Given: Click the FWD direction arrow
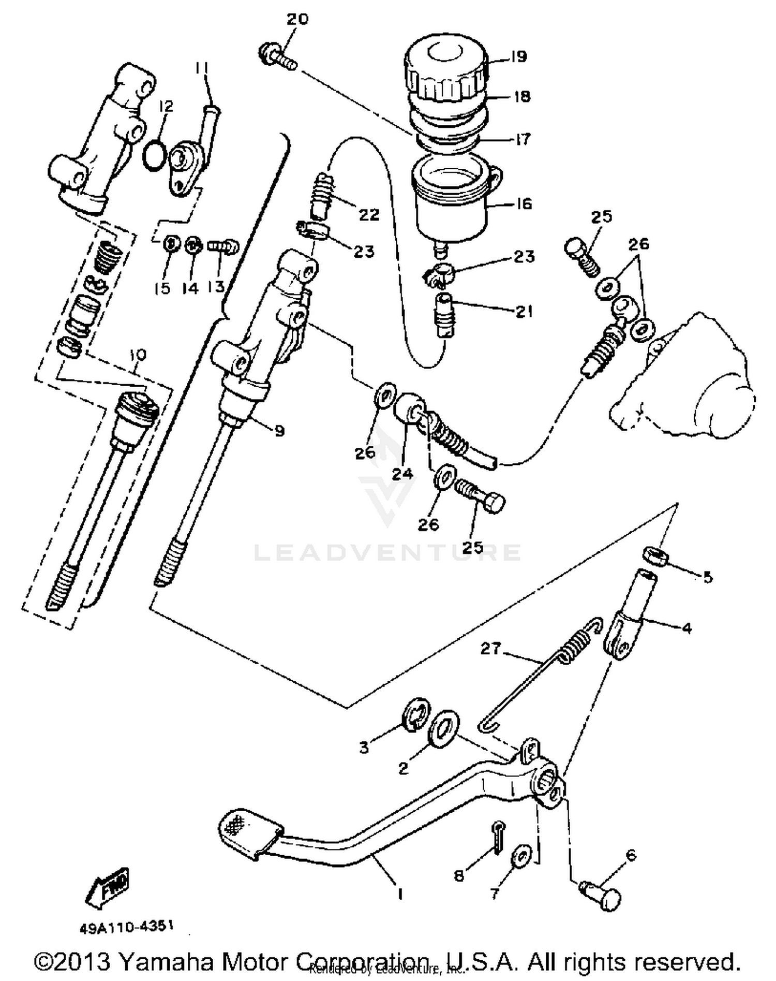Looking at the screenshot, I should tap(107, 888).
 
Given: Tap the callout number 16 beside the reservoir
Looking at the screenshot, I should tap(524, 203).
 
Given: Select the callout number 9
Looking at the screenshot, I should tap(279, 431).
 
